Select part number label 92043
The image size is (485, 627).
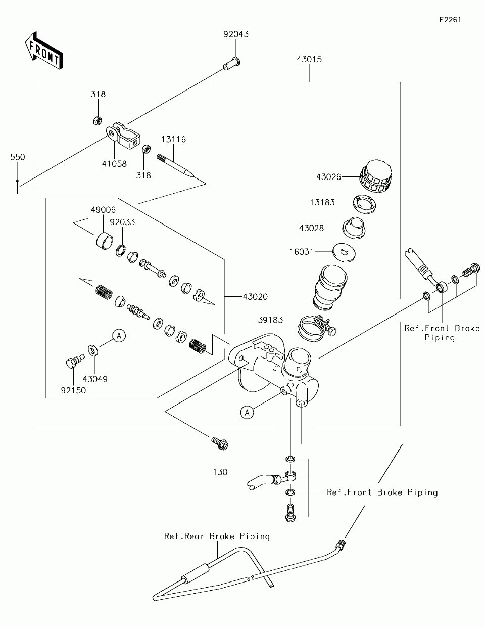(x=236, y=34)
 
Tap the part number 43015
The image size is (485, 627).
(x=309, y=59)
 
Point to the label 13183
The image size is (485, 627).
(x=322, y=202)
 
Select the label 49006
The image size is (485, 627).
(x=103, y=209)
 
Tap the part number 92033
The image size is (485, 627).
(x=124, y=222)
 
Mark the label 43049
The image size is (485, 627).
(x=95, y=379)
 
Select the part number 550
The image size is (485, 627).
(x=18, y=157)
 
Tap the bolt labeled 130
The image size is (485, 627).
(x=220, y=444)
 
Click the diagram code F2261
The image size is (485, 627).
(x=450, y=20)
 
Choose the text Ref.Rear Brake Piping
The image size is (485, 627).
(x=217, y=536)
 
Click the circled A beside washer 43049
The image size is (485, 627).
(x=118, y=335)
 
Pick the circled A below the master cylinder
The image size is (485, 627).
(x=247, y=413)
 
